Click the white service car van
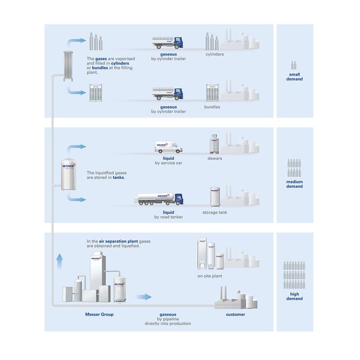point(168,147)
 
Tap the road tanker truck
point(159,199)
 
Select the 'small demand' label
point(294,76)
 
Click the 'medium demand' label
point(294,184)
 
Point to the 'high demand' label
point(294,296)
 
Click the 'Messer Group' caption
point(99,314)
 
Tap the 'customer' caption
point(235,314)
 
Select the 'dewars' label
point(215,158)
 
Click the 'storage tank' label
point(215,212)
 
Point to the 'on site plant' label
point(210,276)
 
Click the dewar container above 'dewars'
point(214,144)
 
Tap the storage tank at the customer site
point(215,197)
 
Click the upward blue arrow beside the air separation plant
point(59,261)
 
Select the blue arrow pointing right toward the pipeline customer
point(144,297)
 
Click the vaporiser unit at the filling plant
point(68,66)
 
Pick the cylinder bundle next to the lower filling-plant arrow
point(96,93)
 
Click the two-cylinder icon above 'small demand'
point(294,65)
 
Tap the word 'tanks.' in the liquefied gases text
point(119,177)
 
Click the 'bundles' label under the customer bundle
point(212,107)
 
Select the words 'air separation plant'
point(118,241)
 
